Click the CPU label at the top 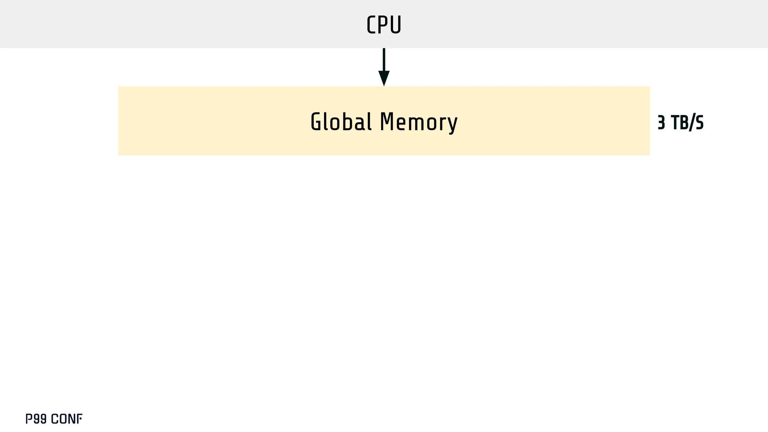[384, 25]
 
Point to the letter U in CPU [395, 25]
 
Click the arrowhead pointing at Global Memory [384, 78]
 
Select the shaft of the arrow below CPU [384, 59]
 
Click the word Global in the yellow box [341, 122]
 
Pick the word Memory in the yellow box [418, 122]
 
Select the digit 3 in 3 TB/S [661, 123]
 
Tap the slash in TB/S [691, 123]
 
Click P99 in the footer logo [36, 419]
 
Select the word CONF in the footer [66, 419]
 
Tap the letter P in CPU [383, 25]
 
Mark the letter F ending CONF [79, 419]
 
